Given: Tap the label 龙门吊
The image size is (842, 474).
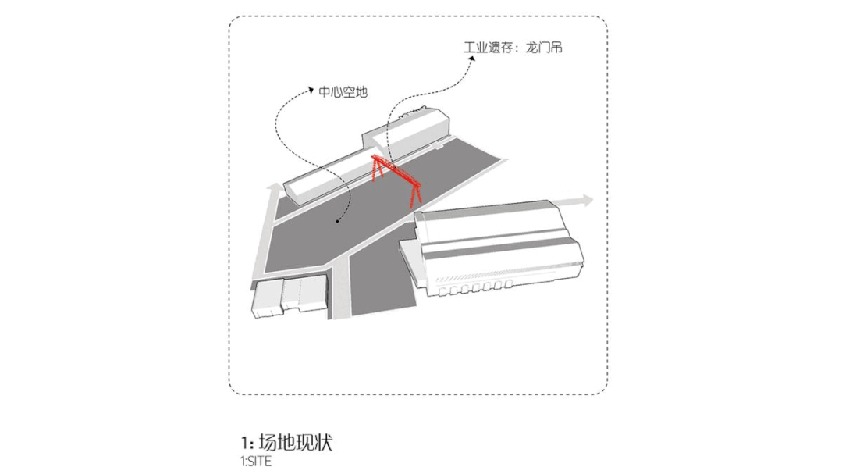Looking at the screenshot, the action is pos(545,48).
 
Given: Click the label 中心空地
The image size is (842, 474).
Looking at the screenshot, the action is pos(343,91).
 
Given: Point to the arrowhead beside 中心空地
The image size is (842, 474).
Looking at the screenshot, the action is pos(311,91).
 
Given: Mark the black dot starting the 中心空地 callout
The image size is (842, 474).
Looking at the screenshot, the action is pos(337,221).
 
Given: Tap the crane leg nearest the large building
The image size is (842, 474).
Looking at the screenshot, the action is pos(416,194).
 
